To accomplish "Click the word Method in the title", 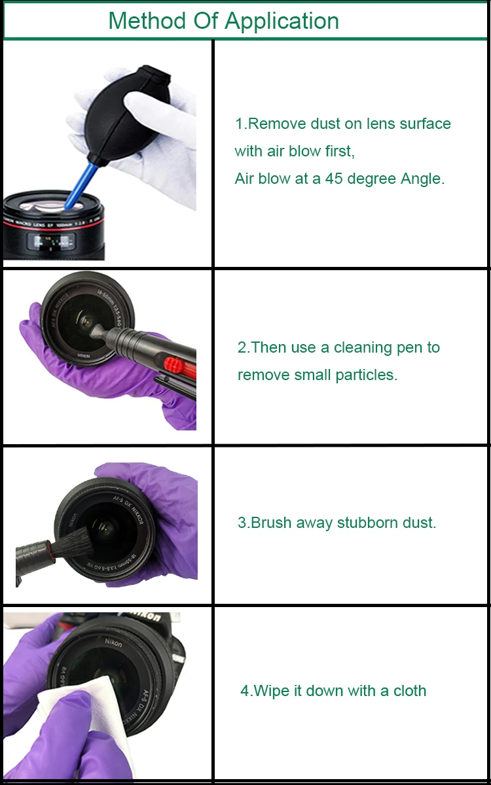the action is pyautogui.click(x=147, y=21).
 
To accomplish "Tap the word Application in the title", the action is pyautogui.click(x=282, y=22).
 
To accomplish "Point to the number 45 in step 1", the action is pyautogui.click(x=333, y=179).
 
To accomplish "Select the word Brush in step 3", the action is pyautogui.click(x=271, y=523).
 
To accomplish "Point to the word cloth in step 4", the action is pyautogui.click(x=410, y=691).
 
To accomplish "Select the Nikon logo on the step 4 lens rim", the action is pyautogui.click(x=114, y=642).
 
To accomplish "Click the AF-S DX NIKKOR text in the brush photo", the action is pyautogui.click(x=129, y=509).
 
